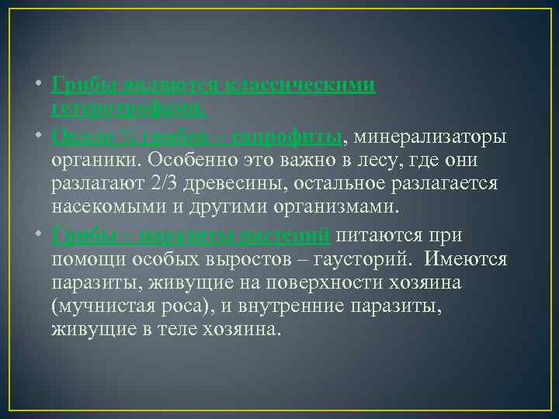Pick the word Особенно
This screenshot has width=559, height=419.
click(195, 160)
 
